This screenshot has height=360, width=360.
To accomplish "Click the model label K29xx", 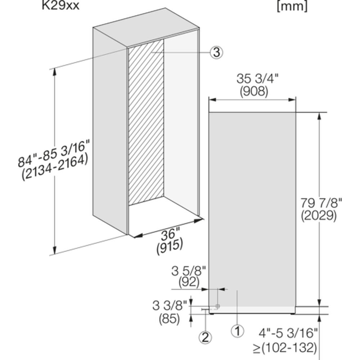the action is coord(60,5).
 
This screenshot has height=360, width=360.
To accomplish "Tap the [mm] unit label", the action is coord(292,6).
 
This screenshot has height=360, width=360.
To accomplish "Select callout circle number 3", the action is coord(216,52).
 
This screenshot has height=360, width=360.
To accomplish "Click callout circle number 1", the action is coord(237,331).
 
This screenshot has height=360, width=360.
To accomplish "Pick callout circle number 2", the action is coord(205,338).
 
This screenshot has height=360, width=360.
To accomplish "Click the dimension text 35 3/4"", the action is coord(257,78).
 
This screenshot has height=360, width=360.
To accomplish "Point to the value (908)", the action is coord(254,91).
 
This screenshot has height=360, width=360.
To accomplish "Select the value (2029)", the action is coord(319,215).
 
